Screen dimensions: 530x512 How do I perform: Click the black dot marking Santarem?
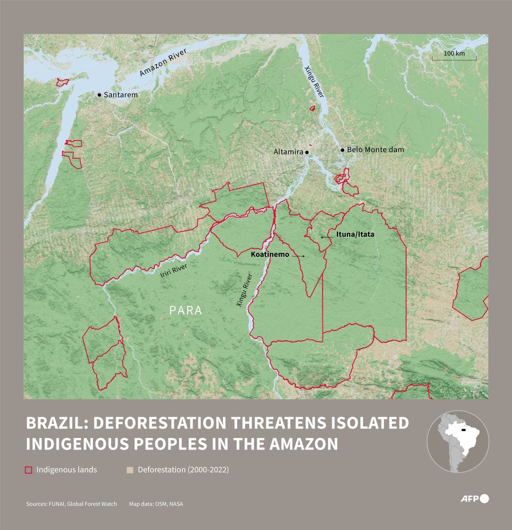point(99,94)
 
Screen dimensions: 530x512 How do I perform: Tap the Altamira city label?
point(288,151)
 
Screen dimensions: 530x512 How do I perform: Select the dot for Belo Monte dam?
point(342,150)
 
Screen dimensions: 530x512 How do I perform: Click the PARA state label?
point(185,310)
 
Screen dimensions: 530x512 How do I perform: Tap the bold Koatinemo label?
point(270,254)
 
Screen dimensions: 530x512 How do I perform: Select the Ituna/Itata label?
point(355,234)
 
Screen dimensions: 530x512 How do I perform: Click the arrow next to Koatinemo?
point(298,255)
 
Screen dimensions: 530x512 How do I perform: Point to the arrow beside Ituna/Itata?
point(327,236)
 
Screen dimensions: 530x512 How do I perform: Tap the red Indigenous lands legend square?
point(28,470)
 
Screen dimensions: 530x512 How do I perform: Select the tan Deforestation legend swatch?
point(130,470)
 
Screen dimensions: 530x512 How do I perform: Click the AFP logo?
point(474,498)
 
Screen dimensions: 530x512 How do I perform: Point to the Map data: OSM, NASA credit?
point(156,504)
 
